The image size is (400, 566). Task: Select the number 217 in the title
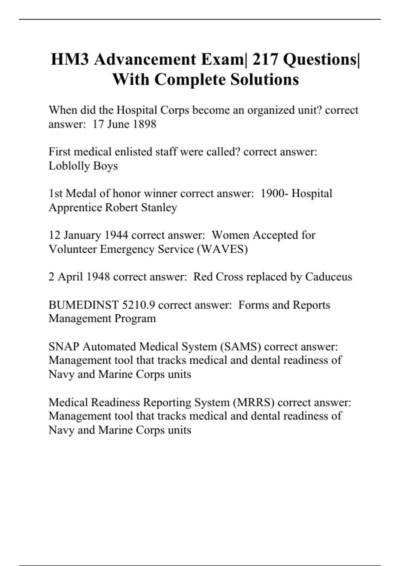(x=265, y=60)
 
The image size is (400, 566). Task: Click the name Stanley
(x=159, y=207)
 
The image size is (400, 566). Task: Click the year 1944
(x=116, y=235)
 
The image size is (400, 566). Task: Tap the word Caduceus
(x=328, y=277)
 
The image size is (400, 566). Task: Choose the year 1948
(x=98, y=277)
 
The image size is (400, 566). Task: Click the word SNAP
(x=64, y=347)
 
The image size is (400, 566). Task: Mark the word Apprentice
(x=75, y=207)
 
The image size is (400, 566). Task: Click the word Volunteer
(x=73, y=249)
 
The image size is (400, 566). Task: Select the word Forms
(x=254, y=305)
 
